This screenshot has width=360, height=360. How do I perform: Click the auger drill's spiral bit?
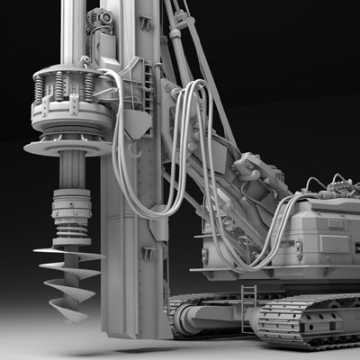(x=68, y=274)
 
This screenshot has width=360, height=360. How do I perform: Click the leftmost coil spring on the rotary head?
(x=39, y=88)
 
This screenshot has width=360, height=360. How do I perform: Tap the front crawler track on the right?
(x=306, y=319)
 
